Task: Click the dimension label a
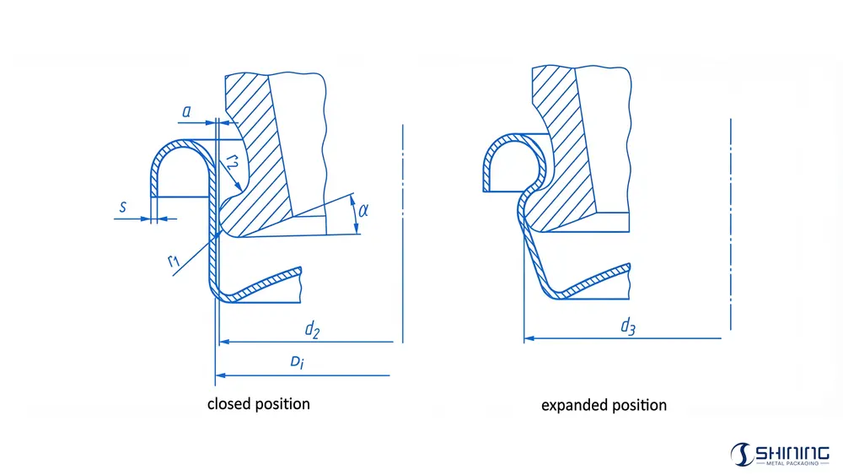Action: click(x=186, y=112)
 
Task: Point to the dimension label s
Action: click(x=123, y=207)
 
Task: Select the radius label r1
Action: click(x=173, y=262)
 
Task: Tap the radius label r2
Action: click(x=233, y=161)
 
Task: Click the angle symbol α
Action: click(x=363, y=210)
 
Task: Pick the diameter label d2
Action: click(x=313, y=329)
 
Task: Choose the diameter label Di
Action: click(x=298, y=362)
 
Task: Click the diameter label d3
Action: click(x=628, y=326)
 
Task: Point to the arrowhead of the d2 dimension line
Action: click(x=225, y=342)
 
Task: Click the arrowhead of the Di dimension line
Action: click(x=220, y=375)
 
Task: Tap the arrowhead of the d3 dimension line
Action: click(x=529, y=338)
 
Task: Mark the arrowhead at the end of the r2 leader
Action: click(x=239, y=186)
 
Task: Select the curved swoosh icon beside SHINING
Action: click(x=742, y=455)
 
